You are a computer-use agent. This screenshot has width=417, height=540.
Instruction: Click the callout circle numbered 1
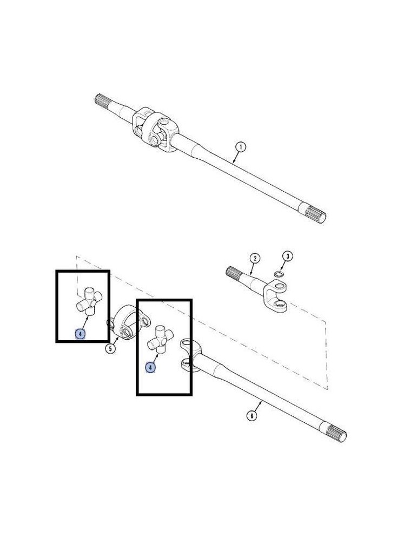tap(240, 147)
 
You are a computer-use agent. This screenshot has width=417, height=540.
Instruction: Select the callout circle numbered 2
tap(255, 259)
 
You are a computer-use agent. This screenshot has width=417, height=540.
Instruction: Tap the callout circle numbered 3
tap(287, 256)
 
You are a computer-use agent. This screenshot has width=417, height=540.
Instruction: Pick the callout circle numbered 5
tap(110, 349)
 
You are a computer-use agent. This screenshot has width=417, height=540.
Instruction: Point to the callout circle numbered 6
tap(252, 416)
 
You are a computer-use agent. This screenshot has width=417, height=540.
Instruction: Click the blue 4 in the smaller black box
tap(80, 334)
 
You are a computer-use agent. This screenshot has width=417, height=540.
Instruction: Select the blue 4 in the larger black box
tap(150, 368)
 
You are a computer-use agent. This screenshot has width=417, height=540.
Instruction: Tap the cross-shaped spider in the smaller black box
tap(89, 301)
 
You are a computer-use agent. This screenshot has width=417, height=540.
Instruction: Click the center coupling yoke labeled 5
tap(127, 322)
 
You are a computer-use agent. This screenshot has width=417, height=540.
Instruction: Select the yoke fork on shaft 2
tap(276, 296)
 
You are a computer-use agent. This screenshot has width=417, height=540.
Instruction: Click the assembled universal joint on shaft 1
tap(155, 130)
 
